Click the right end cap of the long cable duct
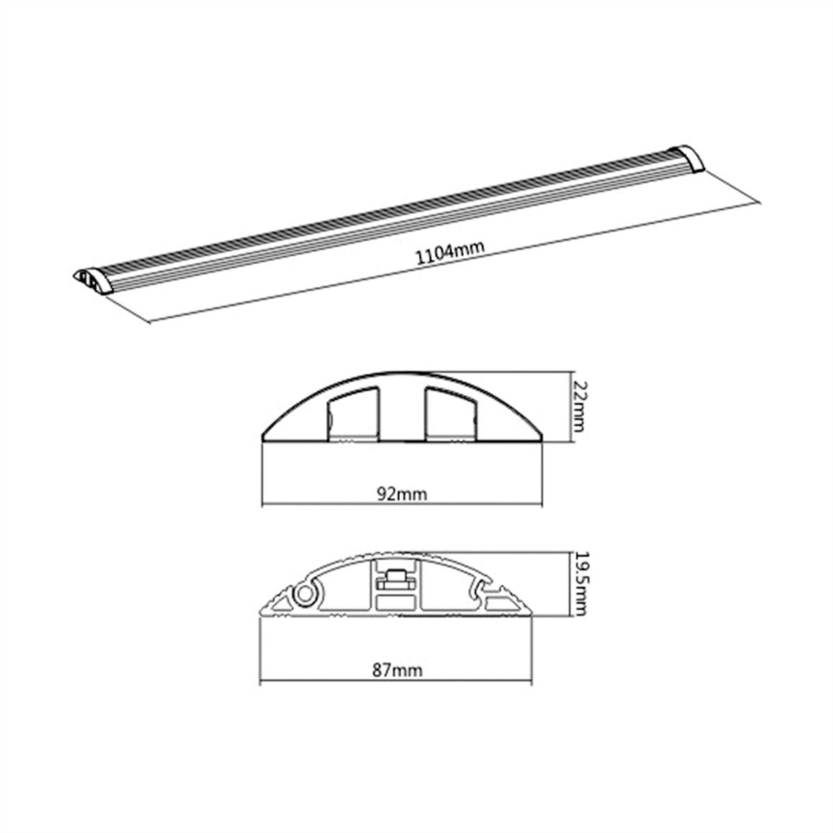click(x=688, y=158)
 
